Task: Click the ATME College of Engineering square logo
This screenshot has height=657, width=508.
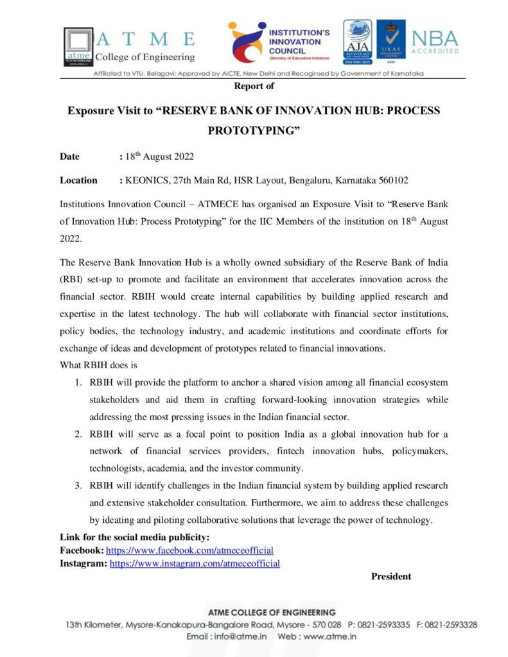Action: pos(78,46)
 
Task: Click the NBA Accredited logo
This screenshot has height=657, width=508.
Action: pos(435,42)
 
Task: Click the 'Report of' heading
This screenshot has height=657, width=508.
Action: pos(254,85)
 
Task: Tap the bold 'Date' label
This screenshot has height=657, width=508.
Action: pos(70,157)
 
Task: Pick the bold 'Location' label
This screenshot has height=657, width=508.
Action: pos(78,180)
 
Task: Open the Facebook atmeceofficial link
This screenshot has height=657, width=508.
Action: pos(189,550)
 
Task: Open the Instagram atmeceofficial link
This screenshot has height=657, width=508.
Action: pos(195,563)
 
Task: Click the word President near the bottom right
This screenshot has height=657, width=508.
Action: pos(391,576)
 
